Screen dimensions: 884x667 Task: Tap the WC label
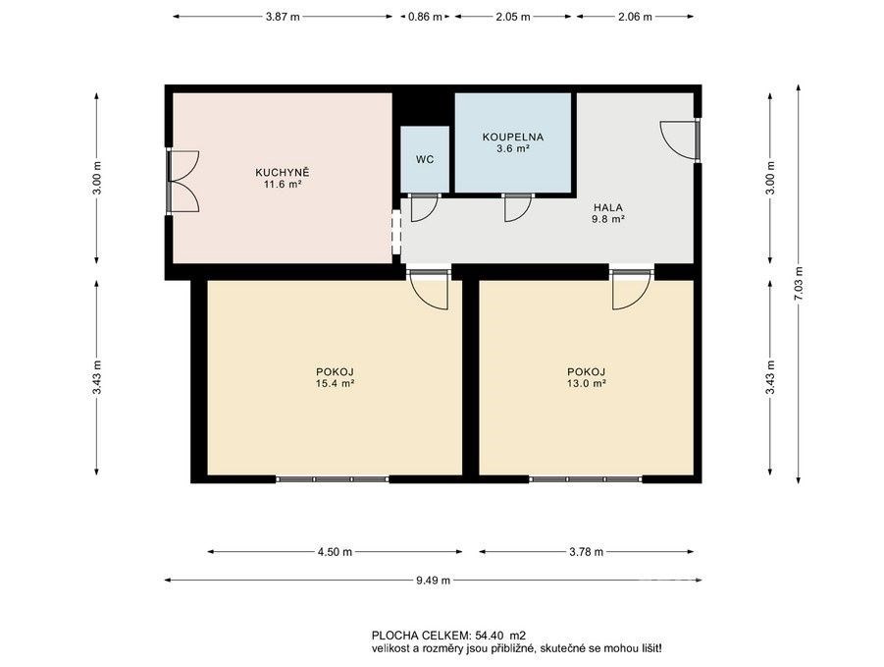(425, 160)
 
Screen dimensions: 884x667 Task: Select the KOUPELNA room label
(513, 137)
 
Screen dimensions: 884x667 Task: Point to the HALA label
(607, 207)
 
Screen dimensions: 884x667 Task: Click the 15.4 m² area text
(335, 384)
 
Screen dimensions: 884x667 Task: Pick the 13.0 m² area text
(587, 384)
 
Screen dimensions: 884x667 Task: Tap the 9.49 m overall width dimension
(433, 581)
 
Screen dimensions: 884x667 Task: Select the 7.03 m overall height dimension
(799, 285)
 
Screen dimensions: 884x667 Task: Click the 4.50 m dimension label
(335, 552)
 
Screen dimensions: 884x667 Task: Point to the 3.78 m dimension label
(587, 552)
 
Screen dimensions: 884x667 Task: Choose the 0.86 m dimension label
(425, 17)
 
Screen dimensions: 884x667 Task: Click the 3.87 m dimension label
(283, 17)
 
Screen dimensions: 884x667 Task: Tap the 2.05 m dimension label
(513, 17)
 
